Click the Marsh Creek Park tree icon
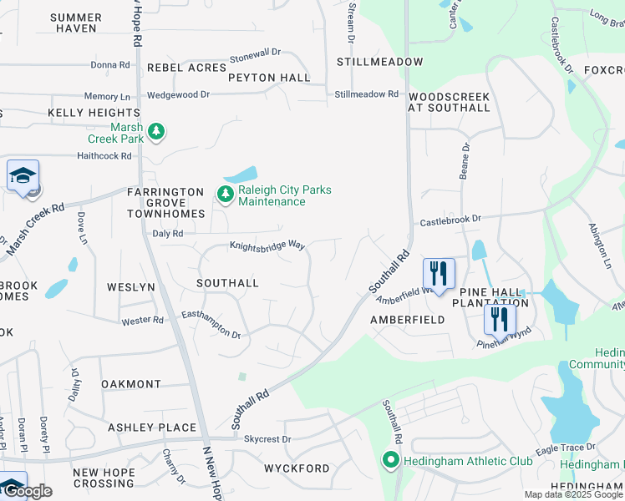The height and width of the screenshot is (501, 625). coord(156,131)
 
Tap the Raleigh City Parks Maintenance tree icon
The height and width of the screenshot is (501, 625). coord(225,195)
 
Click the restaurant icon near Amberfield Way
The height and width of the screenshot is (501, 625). coord(439,273)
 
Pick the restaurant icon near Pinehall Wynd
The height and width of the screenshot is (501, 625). coord(500,319)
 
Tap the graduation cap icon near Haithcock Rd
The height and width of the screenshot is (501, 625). coord(23,176)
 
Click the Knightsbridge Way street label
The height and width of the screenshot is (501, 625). coord(267,245)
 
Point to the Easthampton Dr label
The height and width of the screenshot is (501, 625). coord(211,326)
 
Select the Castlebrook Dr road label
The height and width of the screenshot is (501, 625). coord(450,219)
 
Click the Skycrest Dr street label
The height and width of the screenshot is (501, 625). coord(267,438)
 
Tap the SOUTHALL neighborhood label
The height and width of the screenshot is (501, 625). coord(227,283)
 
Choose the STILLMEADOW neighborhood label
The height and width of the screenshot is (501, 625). coord(379,62)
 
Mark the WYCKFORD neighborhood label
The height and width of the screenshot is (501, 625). coord(297,468)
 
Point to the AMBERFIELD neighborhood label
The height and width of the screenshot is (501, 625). coord(408,320)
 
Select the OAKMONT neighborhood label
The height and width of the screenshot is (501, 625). coord(131,384)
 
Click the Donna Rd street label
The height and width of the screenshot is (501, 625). coord(110,64)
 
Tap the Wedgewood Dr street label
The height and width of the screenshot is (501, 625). coord(178,95)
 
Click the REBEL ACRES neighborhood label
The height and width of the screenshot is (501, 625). coord(186,67)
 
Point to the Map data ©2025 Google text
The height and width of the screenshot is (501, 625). coord(573,494)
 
